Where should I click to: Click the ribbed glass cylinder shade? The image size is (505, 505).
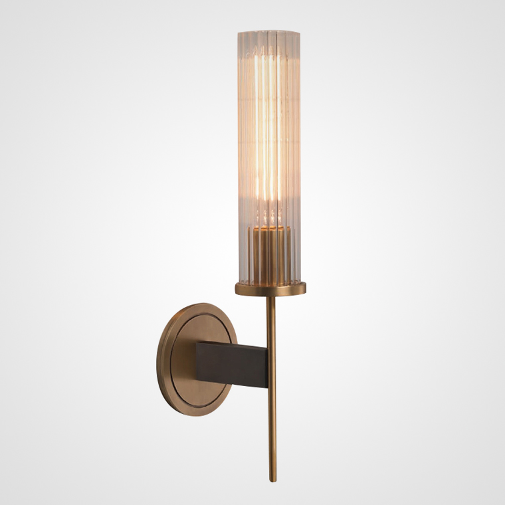click(268, 133)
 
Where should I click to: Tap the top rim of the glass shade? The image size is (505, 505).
click(268, 31)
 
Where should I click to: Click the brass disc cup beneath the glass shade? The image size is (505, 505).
click(270, 288)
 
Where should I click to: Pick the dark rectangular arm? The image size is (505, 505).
click(233, 363)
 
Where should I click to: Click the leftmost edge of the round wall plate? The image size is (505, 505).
click(157, 359)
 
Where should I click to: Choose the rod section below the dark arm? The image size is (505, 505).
click(272, 432)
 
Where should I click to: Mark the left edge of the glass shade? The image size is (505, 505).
click(238, 153)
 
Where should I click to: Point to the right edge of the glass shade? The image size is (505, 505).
click(300, 153)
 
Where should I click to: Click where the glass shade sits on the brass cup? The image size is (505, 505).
click(270, 281)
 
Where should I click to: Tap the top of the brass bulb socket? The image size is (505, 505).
click(269, 227)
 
